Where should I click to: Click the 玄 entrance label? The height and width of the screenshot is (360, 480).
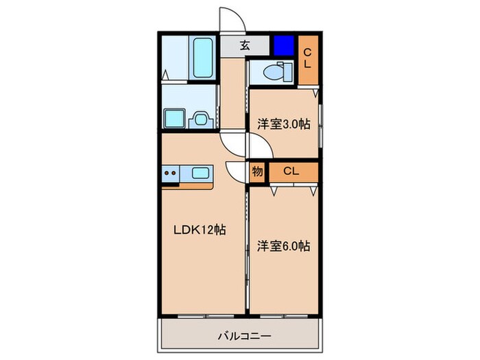244,47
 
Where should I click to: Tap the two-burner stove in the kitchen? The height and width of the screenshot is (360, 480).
171,173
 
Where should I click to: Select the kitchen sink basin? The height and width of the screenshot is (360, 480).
200,173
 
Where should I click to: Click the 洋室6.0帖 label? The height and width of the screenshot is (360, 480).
283,245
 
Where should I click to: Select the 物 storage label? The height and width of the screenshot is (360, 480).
258,171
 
